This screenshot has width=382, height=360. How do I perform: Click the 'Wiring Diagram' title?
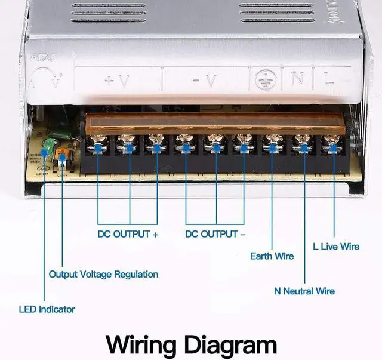tap(191, 344)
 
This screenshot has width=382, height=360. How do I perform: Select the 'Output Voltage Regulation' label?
tap(103, 274)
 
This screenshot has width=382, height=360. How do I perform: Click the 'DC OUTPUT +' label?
tap(128, 234)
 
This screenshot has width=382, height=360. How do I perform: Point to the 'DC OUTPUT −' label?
tap(215, 234)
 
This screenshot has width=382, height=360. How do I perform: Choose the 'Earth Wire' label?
tap(272, 256)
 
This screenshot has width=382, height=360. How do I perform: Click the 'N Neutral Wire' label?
tap(304, 291)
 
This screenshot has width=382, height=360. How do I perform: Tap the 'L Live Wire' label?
tap(336, 246)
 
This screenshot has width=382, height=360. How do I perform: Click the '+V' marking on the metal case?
tap(116, 81)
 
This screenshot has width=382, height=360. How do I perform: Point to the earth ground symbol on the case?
tap(264, 79)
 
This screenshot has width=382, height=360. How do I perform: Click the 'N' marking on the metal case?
tap(297, 78)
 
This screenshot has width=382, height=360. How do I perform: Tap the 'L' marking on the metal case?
tap(329, 78)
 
